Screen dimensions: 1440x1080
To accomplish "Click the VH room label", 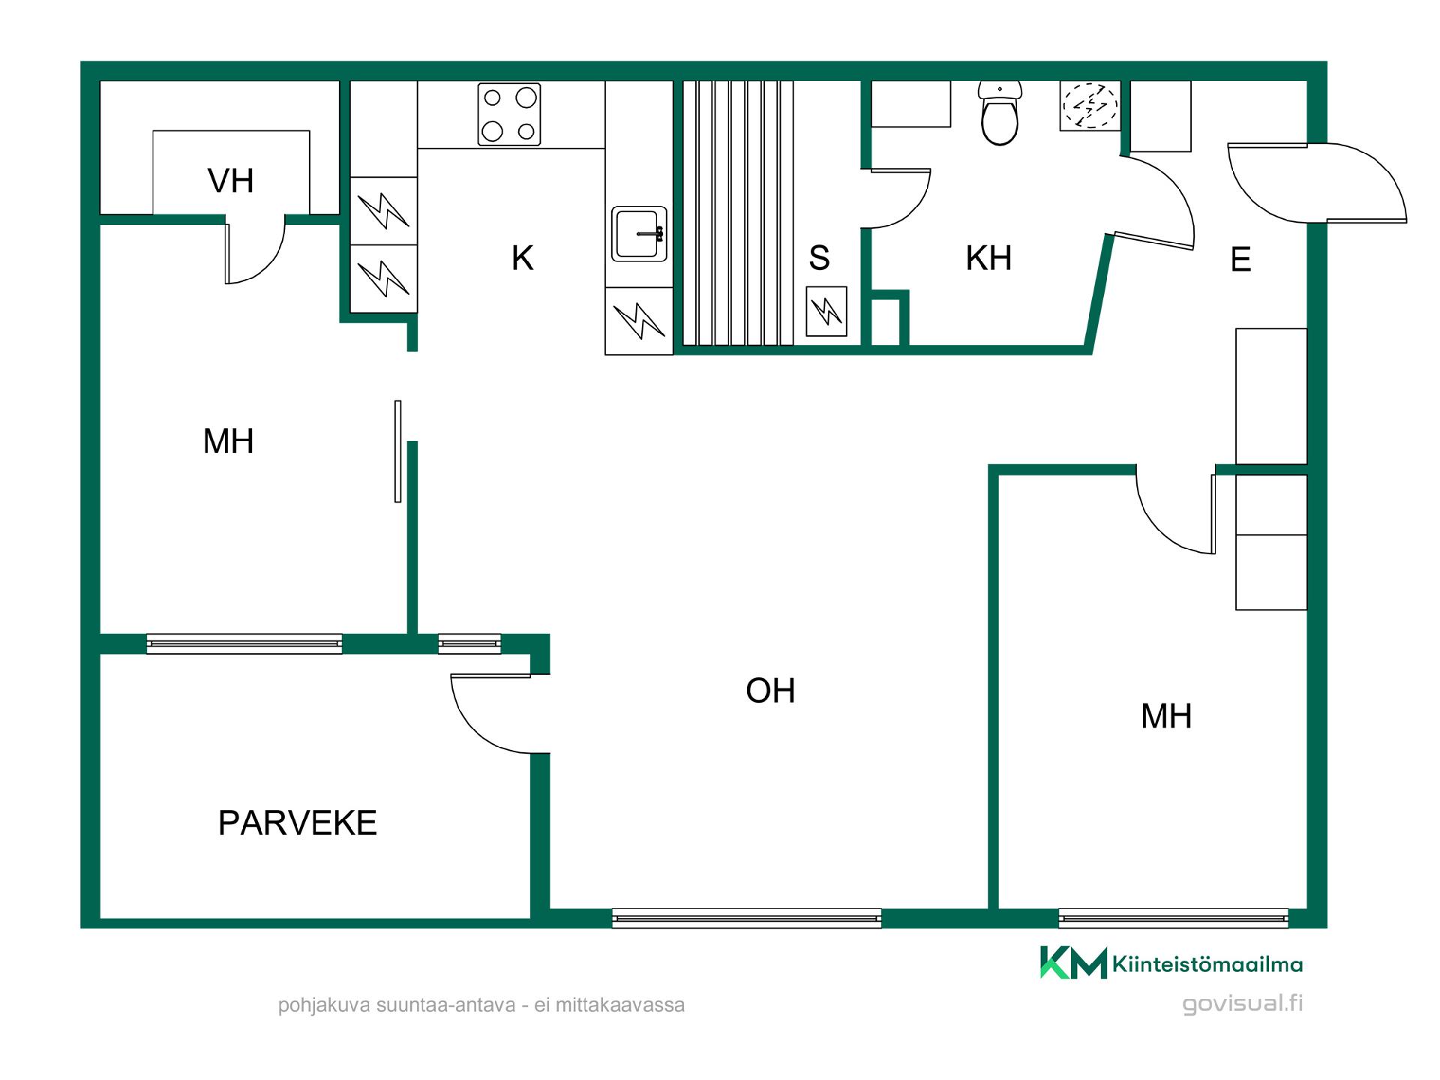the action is (x=230, y=181).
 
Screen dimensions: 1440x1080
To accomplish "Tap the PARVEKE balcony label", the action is (x=297, y=823).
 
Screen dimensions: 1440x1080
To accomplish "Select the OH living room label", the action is (x=770, y=690).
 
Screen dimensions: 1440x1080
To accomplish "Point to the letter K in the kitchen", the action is (x=522, y=258).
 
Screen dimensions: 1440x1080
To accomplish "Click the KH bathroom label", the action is (x=988, y=258).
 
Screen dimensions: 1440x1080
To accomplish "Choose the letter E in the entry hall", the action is (x=1240, y=259).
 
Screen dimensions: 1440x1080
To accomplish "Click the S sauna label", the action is (x=819, y=258).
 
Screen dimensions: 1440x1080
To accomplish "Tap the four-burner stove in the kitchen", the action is (x=509, y=114).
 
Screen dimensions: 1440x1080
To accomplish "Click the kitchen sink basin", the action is (x=639, y=234).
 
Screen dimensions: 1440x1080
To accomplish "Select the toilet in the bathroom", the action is (x=1000, y=113).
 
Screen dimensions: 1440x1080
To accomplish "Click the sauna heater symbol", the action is (x=826, y=311).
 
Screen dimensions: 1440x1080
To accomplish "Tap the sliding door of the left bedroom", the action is (x=398, y=451).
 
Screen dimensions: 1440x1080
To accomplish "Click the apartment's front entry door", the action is (x=1316, y=183).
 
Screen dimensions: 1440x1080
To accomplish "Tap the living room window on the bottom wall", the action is (x=746, y=918).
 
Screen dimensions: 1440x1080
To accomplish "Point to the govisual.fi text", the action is (x=1242, y=1003).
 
